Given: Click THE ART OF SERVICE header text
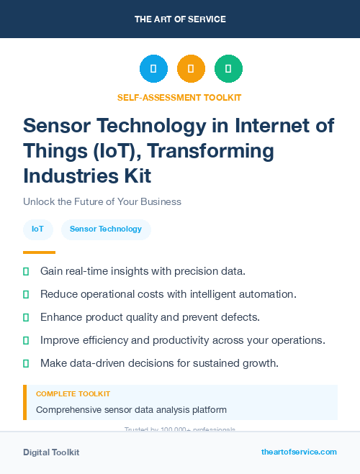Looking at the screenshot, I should (180, 19).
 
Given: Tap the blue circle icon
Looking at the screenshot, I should (153, 69).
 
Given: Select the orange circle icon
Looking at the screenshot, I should (191, 69).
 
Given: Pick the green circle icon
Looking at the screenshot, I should (228, 69).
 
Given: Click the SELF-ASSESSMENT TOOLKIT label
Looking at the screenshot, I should (179, 97).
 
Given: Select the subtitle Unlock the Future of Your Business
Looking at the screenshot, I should (102, 201).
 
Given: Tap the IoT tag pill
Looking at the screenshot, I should (37, 229).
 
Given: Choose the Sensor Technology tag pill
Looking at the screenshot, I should (106, 229).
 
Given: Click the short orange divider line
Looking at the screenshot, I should (39, 252).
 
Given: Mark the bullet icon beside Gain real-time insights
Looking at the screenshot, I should (26, 271).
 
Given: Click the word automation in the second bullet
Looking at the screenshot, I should (269, 294).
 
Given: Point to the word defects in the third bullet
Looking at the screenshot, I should (241, 317).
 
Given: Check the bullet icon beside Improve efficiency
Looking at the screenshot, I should (26, 340).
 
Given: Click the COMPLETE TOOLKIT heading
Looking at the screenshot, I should (73, 394).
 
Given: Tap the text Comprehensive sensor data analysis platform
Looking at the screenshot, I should (131, 410).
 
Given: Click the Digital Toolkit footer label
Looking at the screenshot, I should (51, 452).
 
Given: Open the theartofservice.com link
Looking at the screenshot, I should (299, 452).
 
